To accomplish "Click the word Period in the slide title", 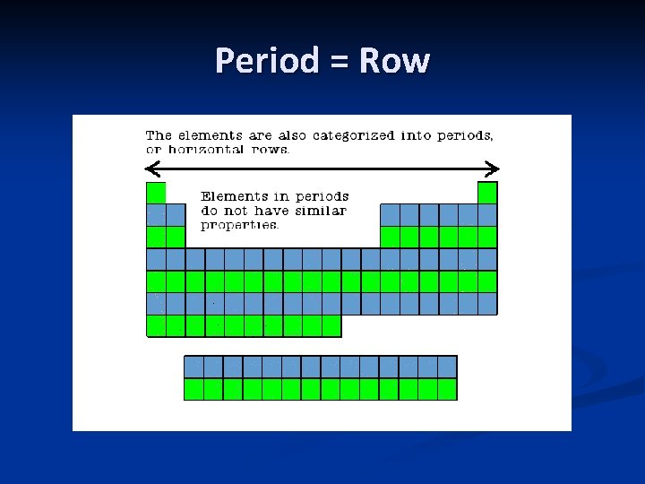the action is click(x=267, y=61).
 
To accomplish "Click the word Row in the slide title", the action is click(x=394, y=61).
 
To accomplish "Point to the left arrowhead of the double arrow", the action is click(x=150, y=168).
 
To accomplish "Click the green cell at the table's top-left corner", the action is click(x=156, y=193).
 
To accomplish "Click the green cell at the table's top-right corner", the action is click(x=487, y=193).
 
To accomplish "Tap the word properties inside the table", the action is click(x=240, y=225).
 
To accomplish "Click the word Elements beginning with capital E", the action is click(x=234, y=196).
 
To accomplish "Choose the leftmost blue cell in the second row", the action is click(x=156, y=215).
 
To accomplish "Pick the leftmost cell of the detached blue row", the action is click(x=193, y=367).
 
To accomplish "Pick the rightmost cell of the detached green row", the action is click(x=447, y=389).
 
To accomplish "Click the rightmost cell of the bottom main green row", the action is click(x=331, y=325).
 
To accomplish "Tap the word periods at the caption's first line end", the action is click(x=466, y=135).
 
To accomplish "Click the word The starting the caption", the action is click(x=159, y=135).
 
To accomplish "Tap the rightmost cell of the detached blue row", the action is click(x=447, y=367).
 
